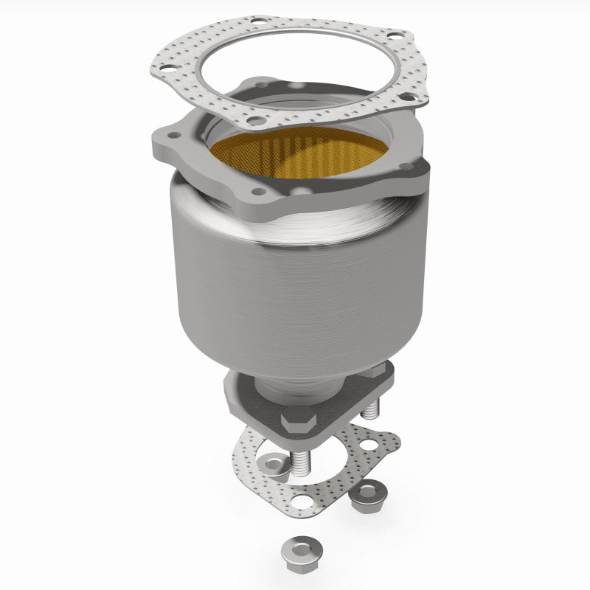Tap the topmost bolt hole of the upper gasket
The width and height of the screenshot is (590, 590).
257,22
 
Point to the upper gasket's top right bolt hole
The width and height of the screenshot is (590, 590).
395,36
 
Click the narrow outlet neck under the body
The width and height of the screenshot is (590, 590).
302,387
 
